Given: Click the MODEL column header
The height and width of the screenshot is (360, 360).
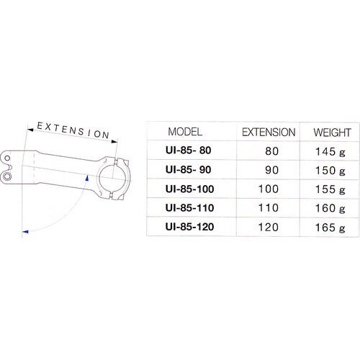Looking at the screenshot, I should pos(185,132).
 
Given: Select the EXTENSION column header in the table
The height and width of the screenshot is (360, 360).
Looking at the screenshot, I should pos(268,132).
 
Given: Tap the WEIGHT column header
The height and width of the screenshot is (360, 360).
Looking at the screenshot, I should pos(332,132).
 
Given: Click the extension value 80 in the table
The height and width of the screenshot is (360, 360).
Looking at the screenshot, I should pos(271,151).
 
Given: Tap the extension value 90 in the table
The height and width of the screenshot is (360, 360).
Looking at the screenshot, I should pos(271,171).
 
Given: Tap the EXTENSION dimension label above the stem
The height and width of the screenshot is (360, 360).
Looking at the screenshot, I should pos(73,129).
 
